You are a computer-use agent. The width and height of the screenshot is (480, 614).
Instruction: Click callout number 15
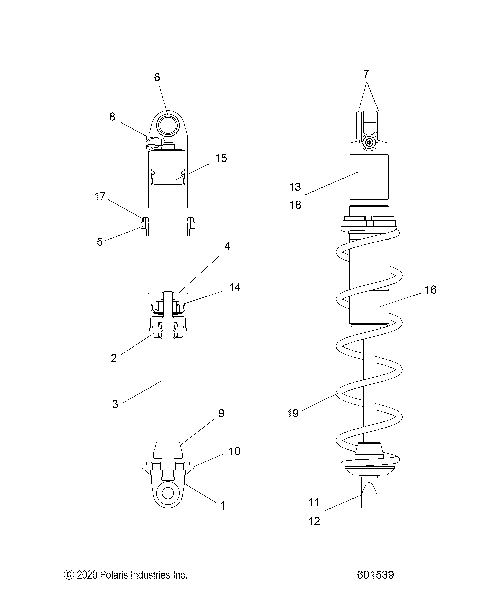pos(221,158)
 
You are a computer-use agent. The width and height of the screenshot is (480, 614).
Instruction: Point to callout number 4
pos(227,245)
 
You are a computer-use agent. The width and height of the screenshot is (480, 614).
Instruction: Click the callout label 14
pos(235,287)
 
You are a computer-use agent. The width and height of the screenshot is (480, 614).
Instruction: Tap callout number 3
pos(115,404)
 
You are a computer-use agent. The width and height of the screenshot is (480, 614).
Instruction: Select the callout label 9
pos(221,411)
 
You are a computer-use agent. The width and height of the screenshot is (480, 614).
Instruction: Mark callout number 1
pos(222,506)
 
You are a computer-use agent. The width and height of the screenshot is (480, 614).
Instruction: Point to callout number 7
pos(367,75)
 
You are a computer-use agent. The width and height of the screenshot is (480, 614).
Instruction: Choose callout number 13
pos(295,187)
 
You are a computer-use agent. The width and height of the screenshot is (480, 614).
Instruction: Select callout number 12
pos(313,521)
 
